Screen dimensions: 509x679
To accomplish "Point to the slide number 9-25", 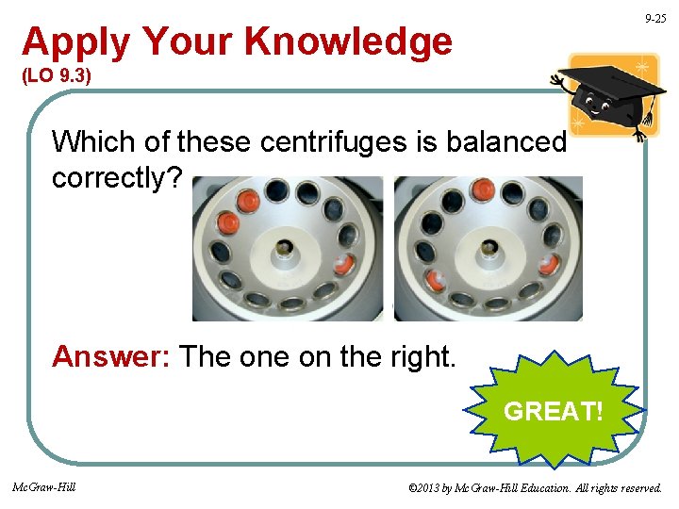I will (x=654, y=19).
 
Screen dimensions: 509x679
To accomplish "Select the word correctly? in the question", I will (x=118, y=178).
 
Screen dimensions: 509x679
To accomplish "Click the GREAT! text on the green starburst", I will (x=554, y=411).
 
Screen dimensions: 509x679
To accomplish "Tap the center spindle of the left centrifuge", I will (x=284, y=249).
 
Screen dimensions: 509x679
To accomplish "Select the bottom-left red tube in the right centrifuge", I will (x=438, y=280).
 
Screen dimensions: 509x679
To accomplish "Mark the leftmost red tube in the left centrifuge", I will (x=228, y=222).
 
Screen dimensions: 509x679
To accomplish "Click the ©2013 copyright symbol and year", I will (x=428, y=488).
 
